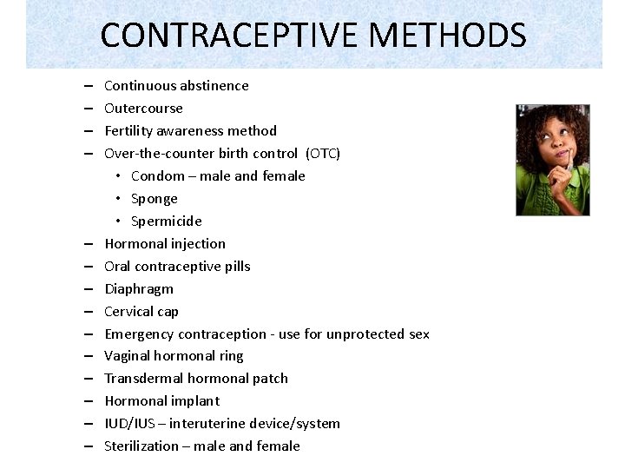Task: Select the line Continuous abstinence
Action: [176, 85]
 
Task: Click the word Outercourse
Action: [143, 108]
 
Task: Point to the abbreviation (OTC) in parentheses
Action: [323, 154]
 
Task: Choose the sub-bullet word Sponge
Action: [155, 199]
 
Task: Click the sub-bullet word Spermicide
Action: [166, 221]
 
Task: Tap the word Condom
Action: [158, 176]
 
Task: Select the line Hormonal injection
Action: [165, 244]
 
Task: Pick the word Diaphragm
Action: [139, 289]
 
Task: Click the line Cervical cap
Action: [141, 312]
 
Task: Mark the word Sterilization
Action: [141, 446]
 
